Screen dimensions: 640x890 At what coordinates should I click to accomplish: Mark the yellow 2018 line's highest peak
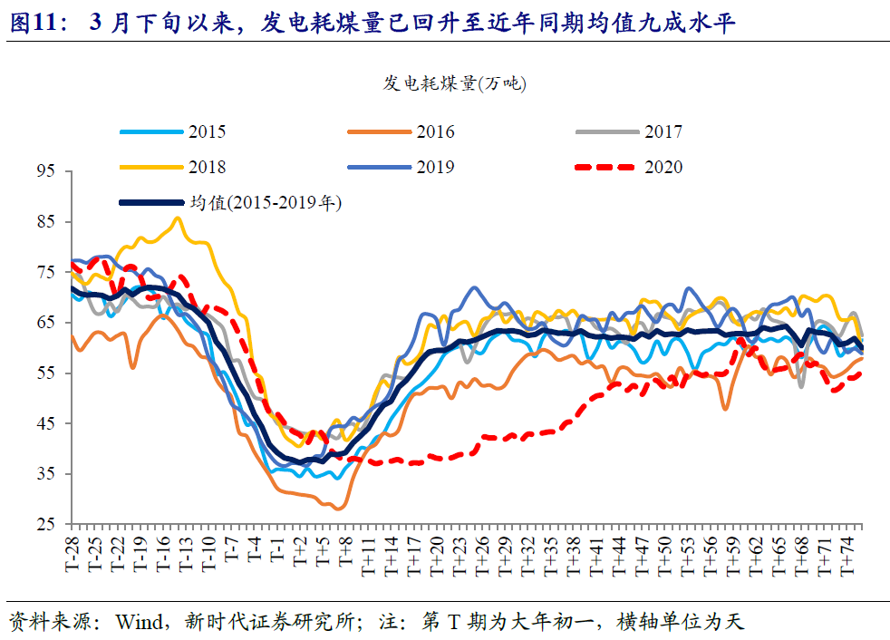pos(177,218)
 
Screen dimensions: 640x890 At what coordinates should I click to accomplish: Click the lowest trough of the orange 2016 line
pos(338,509)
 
